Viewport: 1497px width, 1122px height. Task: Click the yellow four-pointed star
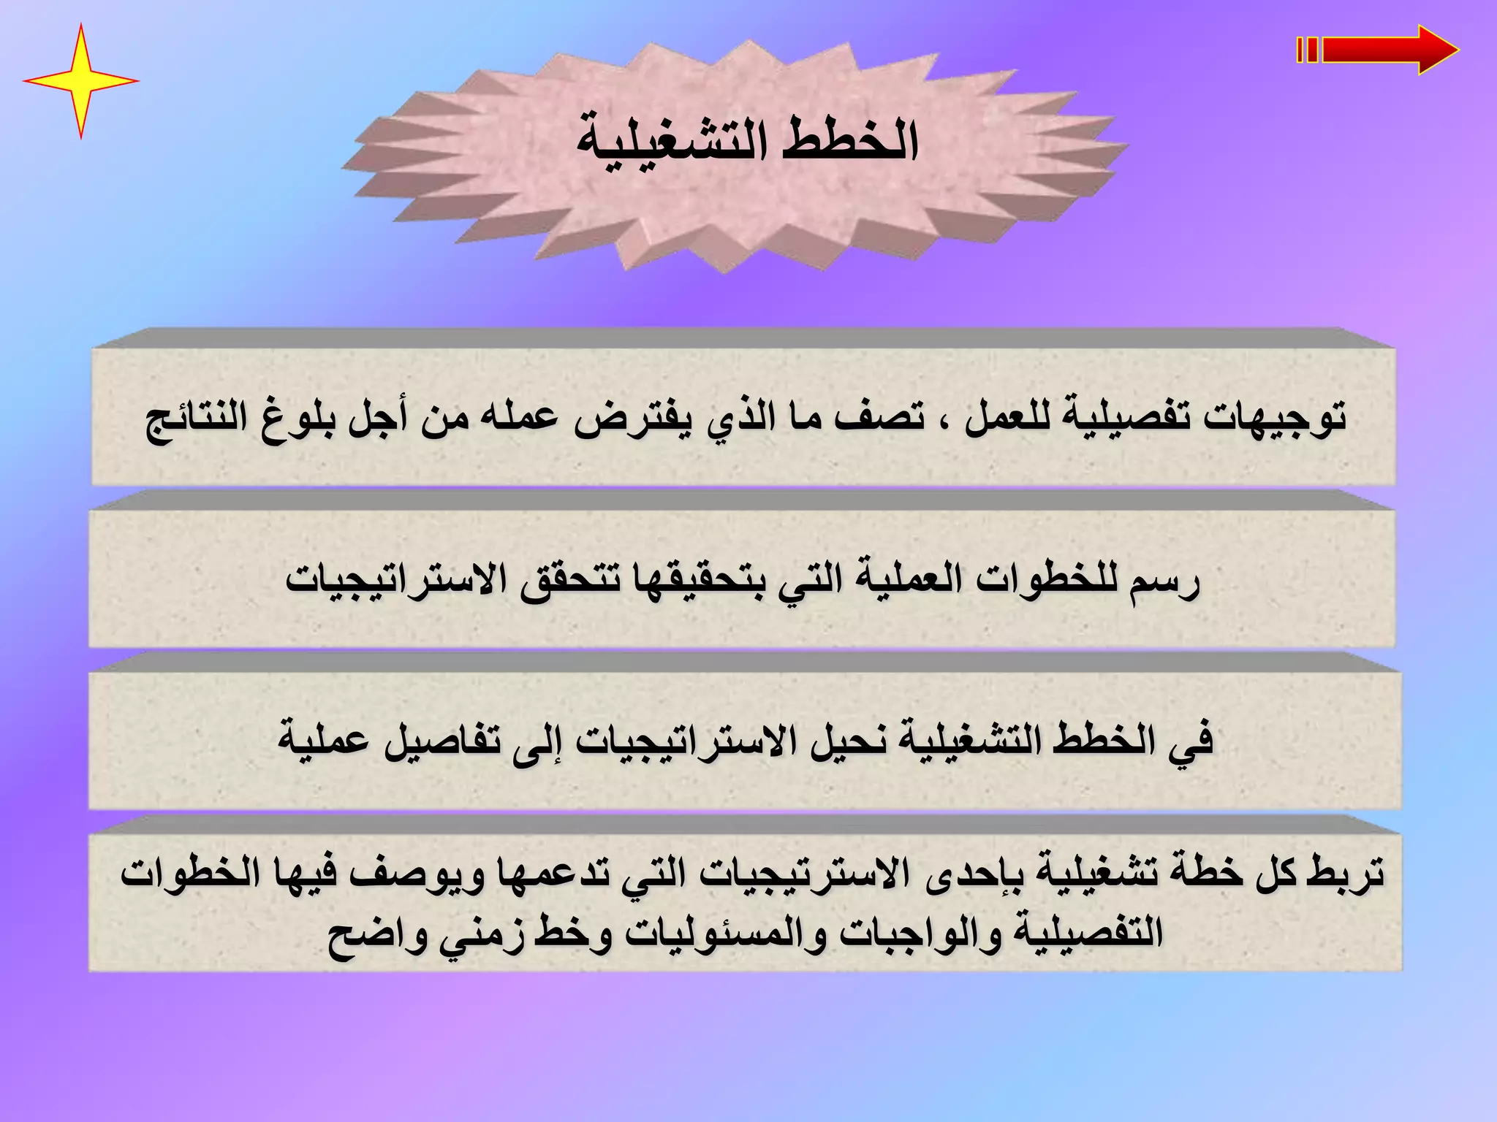pyautogui.click(x=80, y=80)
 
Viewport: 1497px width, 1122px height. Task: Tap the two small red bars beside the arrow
pyautogui.click(x=1308, y=50)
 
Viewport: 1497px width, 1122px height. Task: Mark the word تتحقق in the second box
pyautogui.click(x=569, y=581)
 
